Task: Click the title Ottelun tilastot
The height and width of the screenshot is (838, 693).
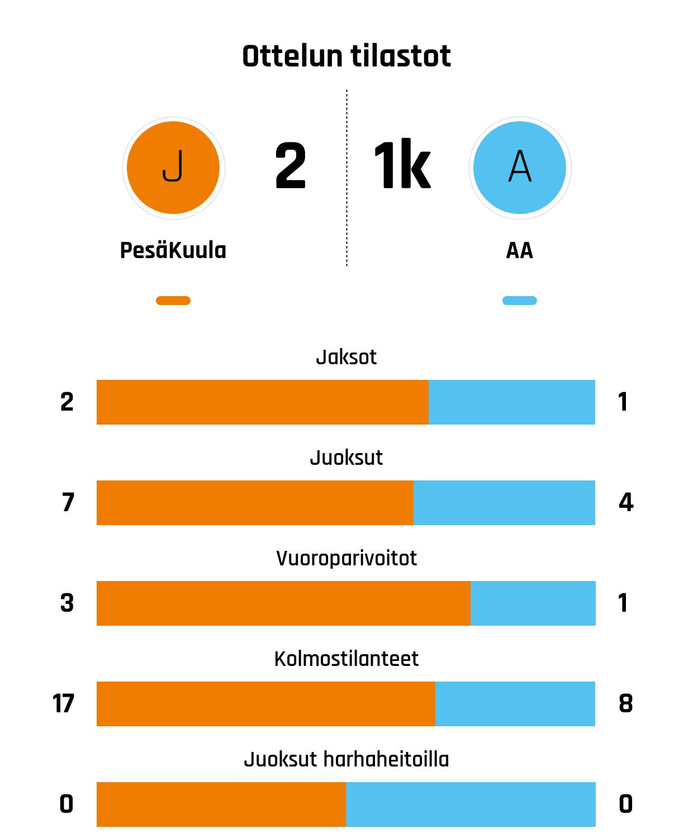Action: click(x=346, y=56)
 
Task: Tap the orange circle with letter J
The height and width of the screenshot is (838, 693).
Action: click(x=173, y=168)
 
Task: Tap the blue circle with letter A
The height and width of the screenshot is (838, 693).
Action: click(x=520, y=168)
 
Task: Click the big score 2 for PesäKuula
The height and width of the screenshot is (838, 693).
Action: click(x=291, y=166)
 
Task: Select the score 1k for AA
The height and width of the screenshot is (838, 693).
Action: click(x=402, y=166)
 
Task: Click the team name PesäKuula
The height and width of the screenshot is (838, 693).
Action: click(x=173, y=250)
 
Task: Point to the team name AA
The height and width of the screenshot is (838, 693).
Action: click(x=520, y=250)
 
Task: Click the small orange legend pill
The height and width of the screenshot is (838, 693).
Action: click(x=173, y=301)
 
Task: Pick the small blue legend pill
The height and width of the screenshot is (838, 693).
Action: click(x=520, y=301)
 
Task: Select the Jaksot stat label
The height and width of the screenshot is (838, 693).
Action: click(x=346, y=357)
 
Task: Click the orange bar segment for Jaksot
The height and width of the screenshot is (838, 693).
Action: click(x=263, y=402)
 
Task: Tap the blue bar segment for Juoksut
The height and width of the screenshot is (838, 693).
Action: click(x=504, y=503)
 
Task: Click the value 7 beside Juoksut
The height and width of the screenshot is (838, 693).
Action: click(x=68, y=503)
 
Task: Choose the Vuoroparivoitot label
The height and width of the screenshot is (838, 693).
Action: click(x=346, y=558)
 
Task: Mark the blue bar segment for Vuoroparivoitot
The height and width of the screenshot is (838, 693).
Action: click(x=533, y=603)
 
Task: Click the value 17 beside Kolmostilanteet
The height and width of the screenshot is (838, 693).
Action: click(x=64, y=704)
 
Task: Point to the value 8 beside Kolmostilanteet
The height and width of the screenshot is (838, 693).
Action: click(x=626, y=704)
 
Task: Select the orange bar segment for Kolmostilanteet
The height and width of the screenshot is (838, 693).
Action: click(x=266, y=704)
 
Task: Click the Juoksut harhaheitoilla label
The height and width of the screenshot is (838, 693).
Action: click(x=346, y=759)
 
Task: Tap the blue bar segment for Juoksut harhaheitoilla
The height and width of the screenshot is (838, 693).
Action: click(x=471, y=804)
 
